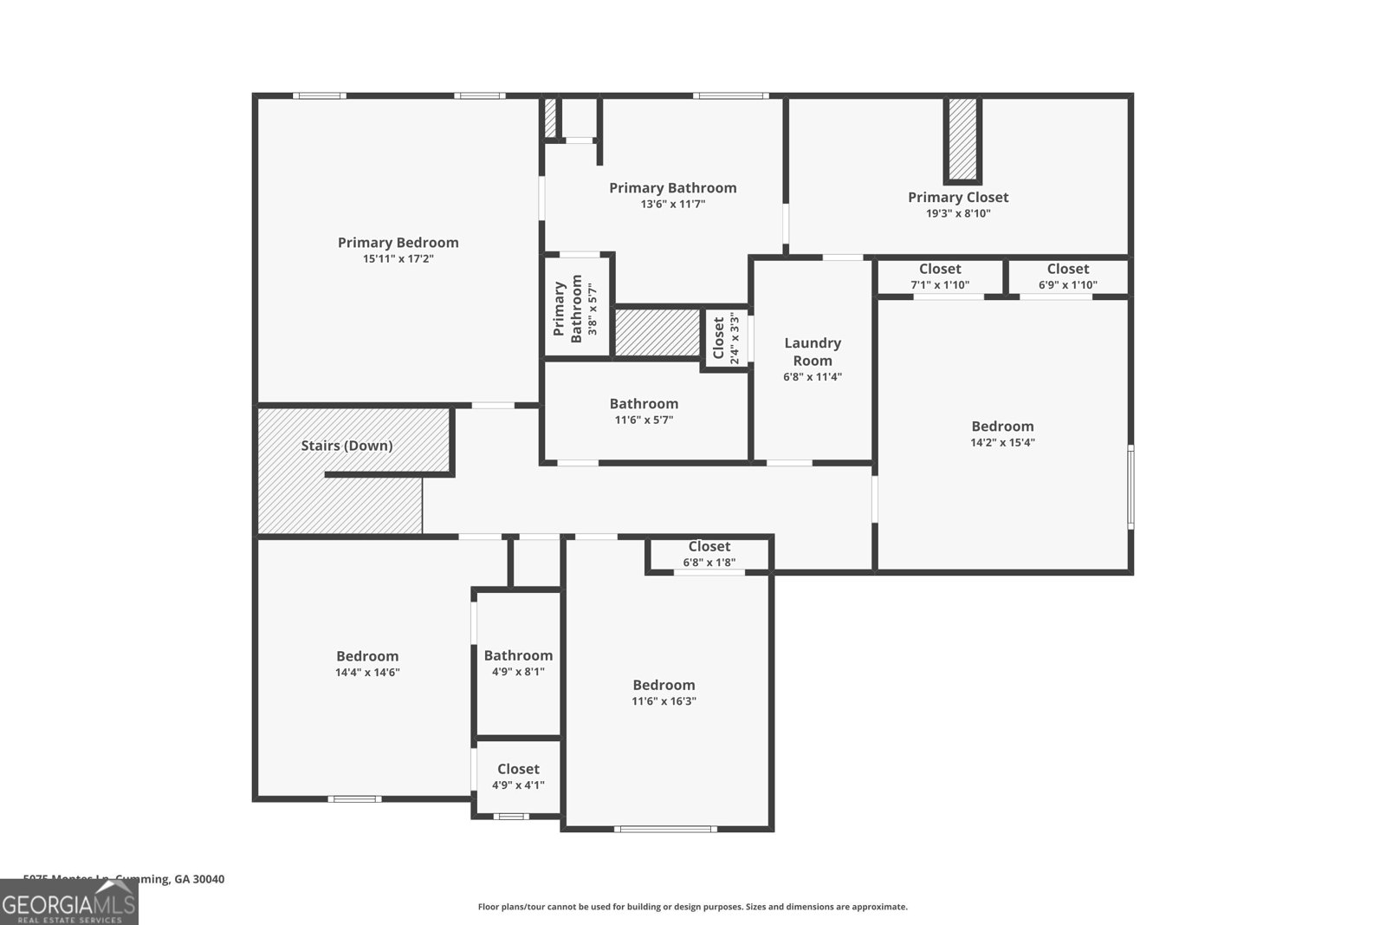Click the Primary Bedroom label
coord(398,243)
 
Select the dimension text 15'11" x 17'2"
coord(398,258)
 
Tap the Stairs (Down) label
coord(346,446)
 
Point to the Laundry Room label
coord(813,351)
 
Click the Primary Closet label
coord(958,198)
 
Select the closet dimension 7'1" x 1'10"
coord(940,284)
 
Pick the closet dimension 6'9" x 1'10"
coord(1067,284)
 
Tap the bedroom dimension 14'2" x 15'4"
coord(1002,442)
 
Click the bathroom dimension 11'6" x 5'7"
coord(644,420)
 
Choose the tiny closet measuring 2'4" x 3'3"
coord(726,338)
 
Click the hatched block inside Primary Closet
coord(962,139)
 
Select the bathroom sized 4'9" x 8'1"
coord(518,663)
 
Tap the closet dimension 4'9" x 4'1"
coord(518,785)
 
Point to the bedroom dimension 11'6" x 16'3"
coord(664,700)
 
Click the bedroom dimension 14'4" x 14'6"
coord(367,672)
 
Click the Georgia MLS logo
coord(68,903)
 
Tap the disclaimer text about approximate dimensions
coord(692,907)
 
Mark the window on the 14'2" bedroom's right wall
coord(1130,486)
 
